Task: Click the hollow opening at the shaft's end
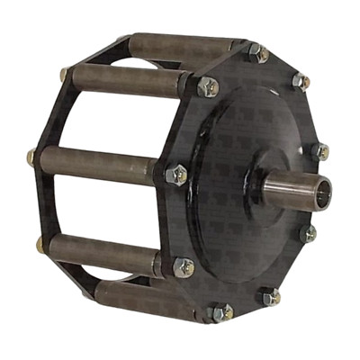click(x=321, y=191)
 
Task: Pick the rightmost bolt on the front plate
click(x=319, y=151)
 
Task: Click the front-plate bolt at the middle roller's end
click(x=177, y=174)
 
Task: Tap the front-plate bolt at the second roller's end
click(x=207, y=87)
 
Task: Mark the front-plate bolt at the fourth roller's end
click(x=183, y=266)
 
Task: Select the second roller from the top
click(x=126, y=81)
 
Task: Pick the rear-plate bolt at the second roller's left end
click(x=65, y=74)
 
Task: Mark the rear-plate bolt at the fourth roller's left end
click(x=40, y=243)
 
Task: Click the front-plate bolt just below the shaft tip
click(x=309, y=233)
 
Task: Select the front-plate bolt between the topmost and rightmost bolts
click(x=299, y=81)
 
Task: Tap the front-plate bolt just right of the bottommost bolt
click(x=269, y=295)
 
